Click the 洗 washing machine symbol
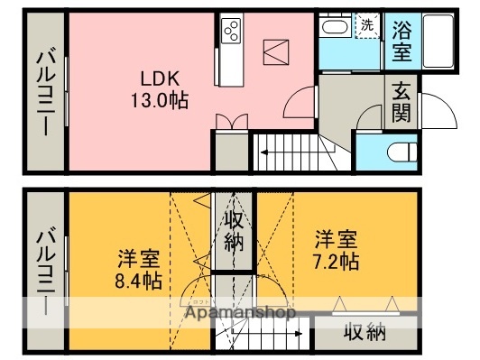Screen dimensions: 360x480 [x=367, y=25]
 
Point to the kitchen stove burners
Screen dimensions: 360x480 [x=230, y=32]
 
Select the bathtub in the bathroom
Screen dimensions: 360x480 [x=438, y=40]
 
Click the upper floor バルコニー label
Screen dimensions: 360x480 [x=43, y=92]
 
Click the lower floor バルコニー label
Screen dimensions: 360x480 [x=43, y=270]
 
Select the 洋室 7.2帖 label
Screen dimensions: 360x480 [x=336, y=250]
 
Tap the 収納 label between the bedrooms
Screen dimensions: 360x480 [x=233, y=231]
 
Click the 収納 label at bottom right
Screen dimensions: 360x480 [x=365, y=332]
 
